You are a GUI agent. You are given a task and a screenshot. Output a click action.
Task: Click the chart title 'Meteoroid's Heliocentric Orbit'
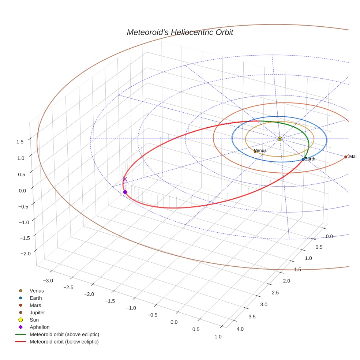click(180, 33)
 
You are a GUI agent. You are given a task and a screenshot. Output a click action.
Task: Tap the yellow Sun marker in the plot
click(280, 139)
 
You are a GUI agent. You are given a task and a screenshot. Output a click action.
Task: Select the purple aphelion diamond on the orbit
click(125, 192)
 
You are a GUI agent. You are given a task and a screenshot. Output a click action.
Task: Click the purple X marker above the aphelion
click(125, 179)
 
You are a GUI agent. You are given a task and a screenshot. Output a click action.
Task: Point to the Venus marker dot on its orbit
click(255, 151)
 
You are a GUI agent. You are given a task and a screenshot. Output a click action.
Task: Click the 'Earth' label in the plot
click(310, 159)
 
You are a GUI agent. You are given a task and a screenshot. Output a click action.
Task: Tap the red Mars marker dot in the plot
click(346, 157)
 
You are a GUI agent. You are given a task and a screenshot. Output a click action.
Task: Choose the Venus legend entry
click(37, 290)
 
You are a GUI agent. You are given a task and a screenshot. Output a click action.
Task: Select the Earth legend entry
click(35, 298)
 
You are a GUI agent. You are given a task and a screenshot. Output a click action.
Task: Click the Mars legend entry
click(35, 305)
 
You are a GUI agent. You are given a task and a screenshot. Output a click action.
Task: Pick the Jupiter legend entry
click(37, 312)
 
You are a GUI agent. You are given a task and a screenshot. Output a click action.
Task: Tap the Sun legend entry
click(34, 320)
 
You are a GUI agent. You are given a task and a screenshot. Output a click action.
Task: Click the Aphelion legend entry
click(39, 327)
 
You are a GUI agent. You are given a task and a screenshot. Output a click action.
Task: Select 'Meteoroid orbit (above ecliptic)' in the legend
click(64, 334)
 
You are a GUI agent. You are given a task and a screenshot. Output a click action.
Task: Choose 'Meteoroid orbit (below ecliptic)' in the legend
click(64, 342)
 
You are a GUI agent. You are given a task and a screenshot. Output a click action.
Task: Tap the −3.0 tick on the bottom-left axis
click(48, 281)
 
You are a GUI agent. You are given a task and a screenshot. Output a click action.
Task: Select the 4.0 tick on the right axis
click(240, 329)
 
